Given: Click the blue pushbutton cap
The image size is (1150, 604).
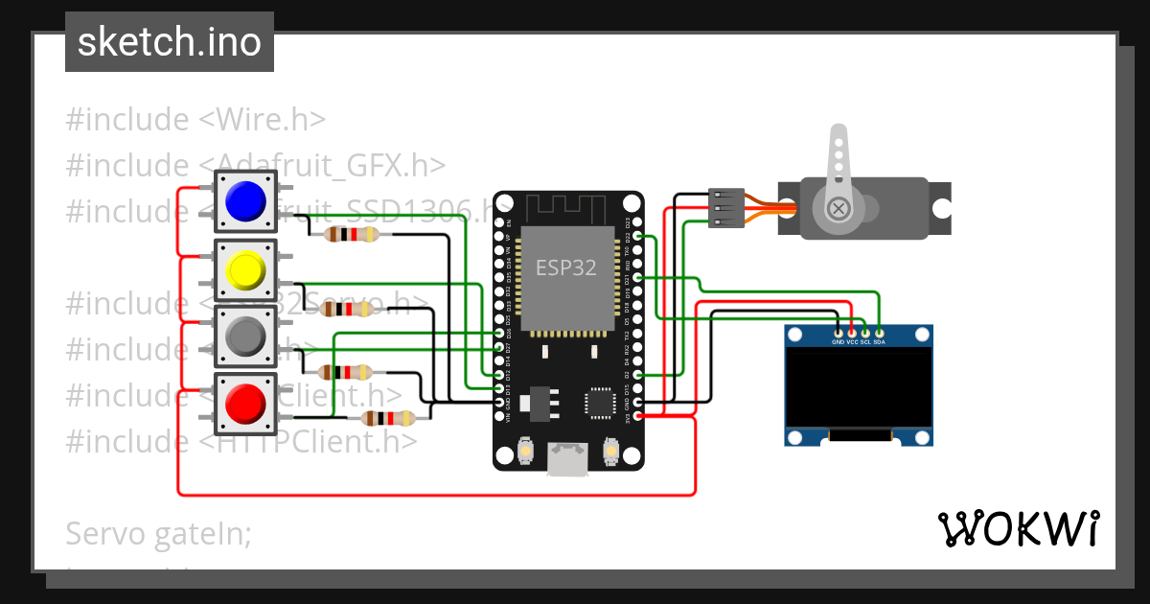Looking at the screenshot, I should tap(245, 200).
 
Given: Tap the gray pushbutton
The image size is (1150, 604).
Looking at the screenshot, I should tap(245, 337).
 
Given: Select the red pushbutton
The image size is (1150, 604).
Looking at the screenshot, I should tap(245, 405).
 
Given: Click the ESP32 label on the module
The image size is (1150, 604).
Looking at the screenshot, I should tap(565, 267).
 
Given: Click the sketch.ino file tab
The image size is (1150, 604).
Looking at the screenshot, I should tap(170, 42).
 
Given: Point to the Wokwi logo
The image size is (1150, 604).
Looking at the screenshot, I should tap(1018, 528).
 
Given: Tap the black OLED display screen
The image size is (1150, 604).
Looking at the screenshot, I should tap(858, 388).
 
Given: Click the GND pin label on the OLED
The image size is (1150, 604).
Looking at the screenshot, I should tap(838, 342).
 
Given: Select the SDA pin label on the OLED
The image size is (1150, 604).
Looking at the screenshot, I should tap(880, 342).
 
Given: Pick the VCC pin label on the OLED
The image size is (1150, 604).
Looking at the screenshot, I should tap(851, 342).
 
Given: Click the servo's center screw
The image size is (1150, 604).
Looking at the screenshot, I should tap(839, 208).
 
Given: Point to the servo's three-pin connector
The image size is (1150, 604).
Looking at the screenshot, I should tap(724, 209).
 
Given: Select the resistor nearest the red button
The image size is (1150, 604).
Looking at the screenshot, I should tap(387, 418).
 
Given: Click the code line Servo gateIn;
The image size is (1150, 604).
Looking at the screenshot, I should tap(158, 534).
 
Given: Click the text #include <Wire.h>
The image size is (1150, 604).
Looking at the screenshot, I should tap(195, 120).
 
